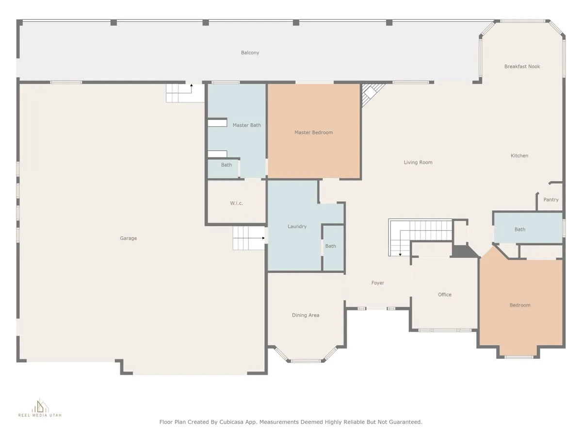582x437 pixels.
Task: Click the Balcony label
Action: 250,52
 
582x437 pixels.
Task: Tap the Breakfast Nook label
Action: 522,67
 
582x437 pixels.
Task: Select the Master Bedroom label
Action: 313,132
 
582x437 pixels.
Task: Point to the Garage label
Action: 129,238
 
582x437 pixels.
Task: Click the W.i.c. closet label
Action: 236,203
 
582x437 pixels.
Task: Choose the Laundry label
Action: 297,226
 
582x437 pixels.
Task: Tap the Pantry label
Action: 550,200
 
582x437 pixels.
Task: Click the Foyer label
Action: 377,283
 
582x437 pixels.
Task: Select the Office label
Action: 444,294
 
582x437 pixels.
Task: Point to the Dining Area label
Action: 306,315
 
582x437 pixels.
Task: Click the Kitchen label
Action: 519,155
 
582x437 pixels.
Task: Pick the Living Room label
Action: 418,162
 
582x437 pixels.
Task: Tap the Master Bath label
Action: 246,125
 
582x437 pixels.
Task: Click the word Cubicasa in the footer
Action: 231,422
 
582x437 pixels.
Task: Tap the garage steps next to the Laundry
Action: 249,238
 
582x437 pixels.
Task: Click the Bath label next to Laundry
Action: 330,246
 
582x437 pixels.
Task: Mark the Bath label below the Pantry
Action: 520,229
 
